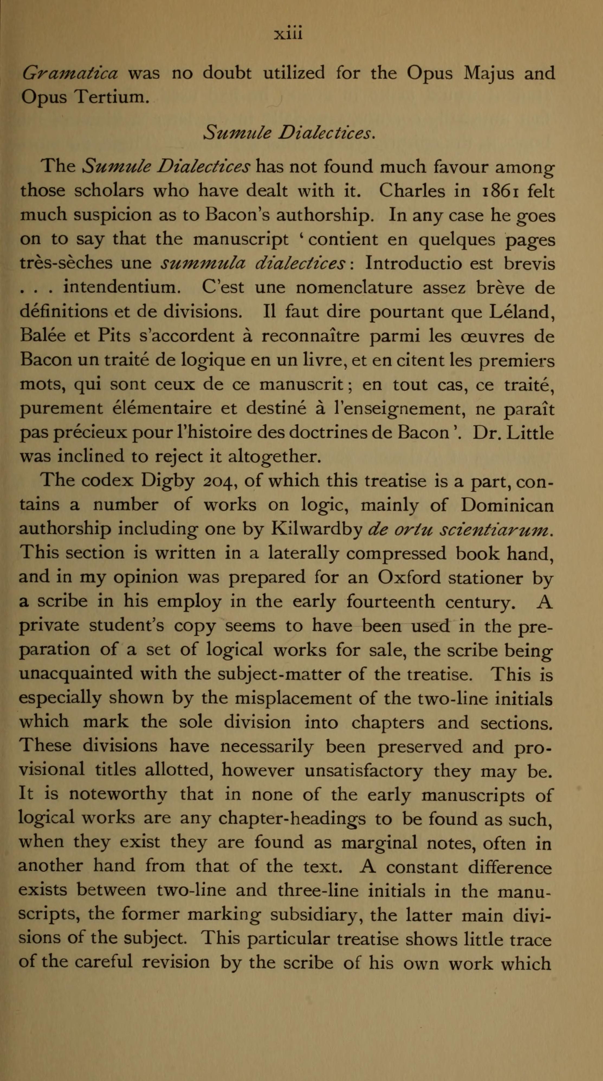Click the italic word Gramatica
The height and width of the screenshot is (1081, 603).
click(70, 73)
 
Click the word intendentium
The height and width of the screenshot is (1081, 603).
click(122, 288)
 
